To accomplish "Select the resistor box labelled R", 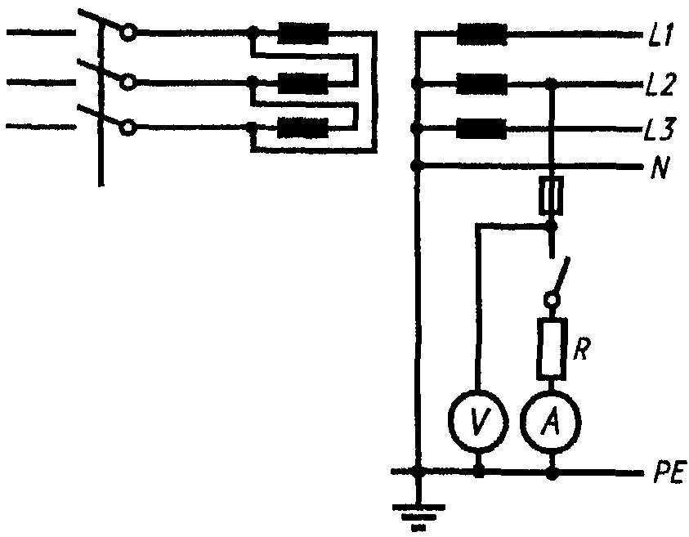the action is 551,349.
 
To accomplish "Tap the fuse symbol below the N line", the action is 552,195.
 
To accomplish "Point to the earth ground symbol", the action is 418,517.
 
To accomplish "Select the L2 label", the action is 661,85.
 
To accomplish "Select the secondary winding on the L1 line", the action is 482,34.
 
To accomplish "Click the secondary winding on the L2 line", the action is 481,84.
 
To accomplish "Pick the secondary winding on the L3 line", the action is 481,129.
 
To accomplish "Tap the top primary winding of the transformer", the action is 303,34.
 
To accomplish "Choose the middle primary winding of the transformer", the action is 303,83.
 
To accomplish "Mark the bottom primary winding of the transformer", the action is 303,128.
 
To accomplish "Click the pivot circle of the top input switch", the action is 128,33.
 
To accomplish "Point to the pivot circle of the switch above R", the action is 551,300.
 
